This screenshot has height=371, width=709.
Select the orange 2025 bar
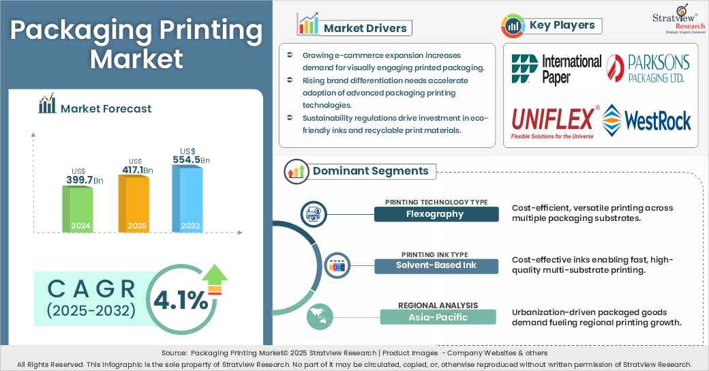(x=134, y=204)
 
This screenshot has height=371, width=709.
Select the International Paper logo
(x=556, y=70)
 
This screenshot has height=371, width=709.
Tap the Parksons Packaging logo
(x=648, y=69)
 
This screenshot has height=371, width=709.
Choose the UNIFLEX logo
(x=553, y=121)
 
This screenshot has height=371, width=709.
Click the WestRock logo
(x=647, y=120)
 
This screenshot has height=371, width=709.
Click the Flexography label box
(x=436, y=214)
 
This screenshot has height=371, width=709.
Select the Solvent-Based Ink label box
(x=436, y=265)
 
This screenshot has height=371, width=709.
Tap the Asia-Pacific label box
(x=438, y=316)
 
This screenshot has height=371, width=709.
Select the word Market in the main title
(x=136, y=59)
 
